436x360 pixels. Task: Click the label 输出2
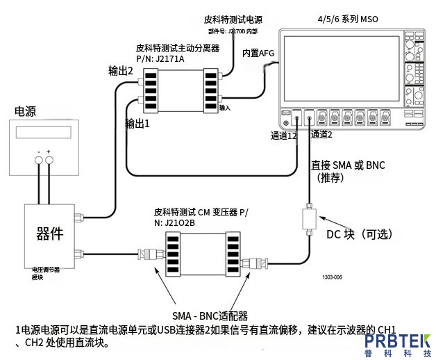tap(120, 70)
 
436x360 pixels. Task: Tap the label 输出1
tap(137, 123)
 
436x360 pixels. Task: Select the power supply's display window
tap(44, 132)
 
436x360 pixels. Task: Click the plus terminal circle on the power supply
tap(50, 161)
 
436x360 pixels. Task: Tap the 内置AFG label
tap(258, 53)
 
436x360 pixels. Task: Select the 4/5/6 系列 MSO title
tap(347, 20)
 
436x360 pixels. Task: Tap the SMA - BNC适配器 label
tap(210, 314)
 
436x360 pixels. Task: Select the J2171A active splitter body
tap(181, 90)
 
